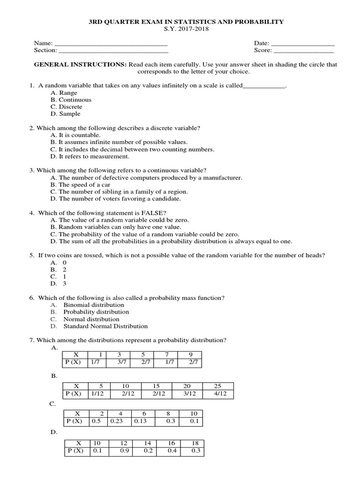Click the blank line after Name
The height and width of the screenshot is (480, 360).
111,44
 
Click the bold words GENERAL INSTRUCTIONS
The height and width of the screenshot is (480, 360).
80,65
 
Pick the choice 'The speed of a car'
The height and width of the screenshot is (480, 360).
80,185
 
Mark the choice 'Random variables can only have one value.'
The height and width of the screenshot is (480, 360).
115,227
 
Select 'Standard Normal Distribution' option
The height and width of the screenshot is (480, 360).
105,326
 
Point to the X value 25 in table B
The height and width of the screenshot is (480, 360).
217,386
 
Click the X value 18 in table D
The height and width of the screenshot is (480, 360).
196,443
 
